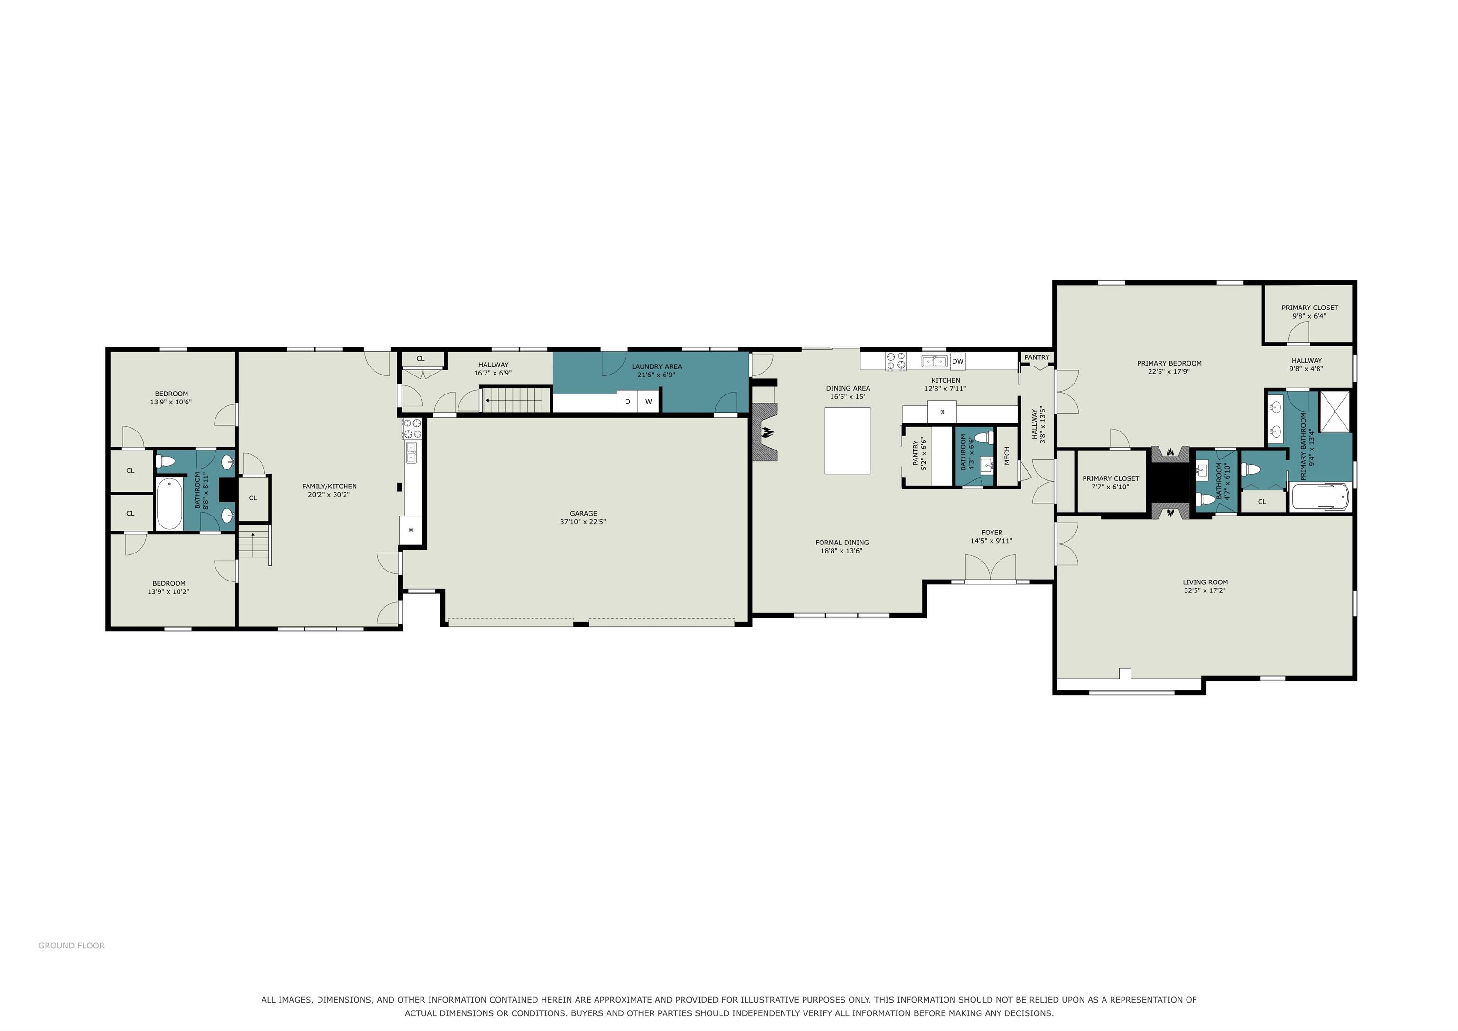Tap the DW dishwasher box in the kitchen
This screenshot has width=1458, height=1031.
click(958, 361)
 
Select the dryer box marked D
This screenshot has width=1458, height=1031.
click(627, 402)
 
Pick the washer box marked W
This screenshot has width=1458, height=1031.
click(648, 402)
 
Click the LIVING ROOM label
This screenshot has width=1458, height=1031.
click(1205, 582)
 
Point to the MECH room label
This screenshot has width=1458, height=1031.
click(1007, 456)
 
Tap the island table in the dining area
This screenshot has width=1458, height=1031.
click(847, 440)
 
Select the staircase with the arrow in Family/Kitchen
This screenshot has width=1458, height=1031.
click(255, 544)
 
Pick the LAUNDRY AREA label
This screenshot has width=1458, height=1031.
click(656, 366)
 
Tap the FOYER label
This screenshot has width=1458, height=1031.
click(991, 533)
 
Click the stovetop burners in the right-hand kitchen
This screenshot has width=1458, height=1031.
click(896, 361)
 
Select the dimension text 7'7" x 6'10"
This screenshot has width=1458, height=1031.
click(1111, 487)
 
